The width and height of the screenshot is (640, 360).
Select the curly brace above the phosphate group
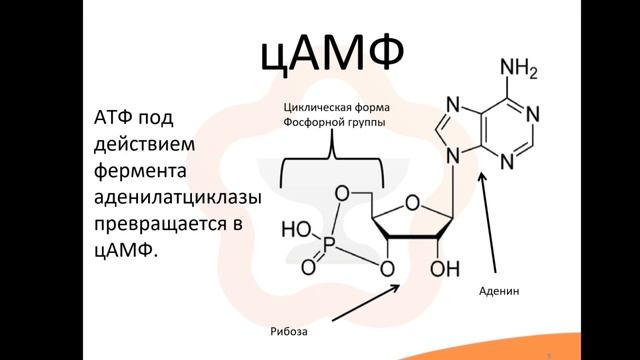tap(331, 160)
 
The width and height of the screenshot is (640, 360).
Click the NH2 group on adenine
tap(520, 71)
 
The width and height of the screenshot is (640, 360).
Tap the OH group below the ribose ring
tap(445, 269)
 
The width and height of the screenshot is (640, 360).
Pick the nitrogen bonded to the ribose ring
tap(453, 155)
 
